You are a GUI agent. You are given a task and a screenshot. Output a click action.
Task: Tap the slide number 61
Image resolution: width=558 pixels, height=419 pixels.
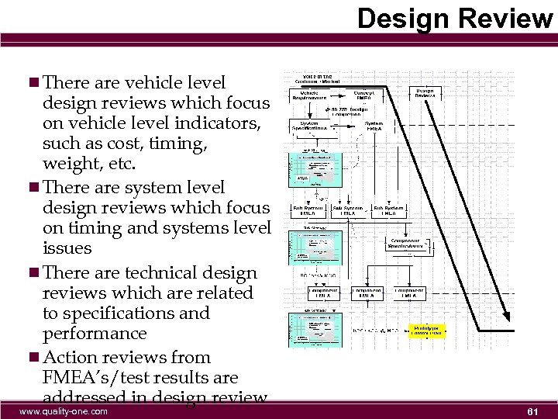(x=532, y=410)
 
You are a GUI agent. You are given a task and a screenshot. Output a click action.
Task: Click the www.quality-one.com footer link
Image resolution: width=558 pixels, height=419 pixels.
(x=64, y=411)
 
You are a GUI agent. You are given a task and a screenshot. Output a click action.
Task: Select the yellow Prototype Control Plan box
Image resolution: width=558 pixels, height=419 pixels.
(x=424, y=331)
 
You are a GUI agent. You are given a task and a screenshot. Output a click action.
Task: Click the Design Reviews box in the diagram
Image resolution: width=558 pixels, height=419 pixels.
(x=425, y=94)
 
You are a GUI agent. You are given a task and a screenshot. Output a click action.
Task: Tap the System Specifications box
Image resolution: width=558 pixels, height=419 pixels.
(x=308, y=126)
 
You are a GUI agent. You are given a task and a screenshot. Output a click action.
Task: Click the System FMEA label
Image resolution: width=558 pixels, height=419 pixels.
(x=374, y=126)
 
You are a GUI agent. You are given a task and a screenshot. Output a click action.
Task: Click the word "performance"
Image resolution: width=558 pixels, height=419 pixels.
(x=95, y=334)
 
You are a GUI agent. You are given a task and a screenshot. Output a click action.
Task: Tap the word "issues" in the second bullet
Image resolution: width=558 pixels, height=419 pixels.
(x=67, y=248)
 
